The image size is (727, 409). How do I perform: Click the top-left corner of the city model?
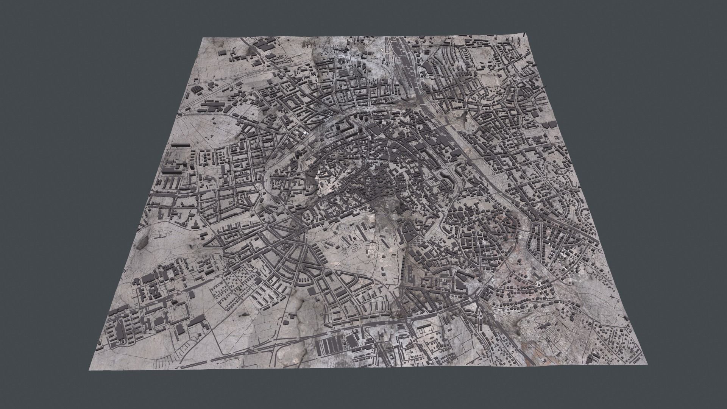click(203, 38)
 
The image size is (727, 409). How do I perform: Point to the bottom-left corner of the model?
click(89, 370)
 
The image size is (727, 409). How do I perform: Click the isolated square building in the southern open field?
click(311, 291)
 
